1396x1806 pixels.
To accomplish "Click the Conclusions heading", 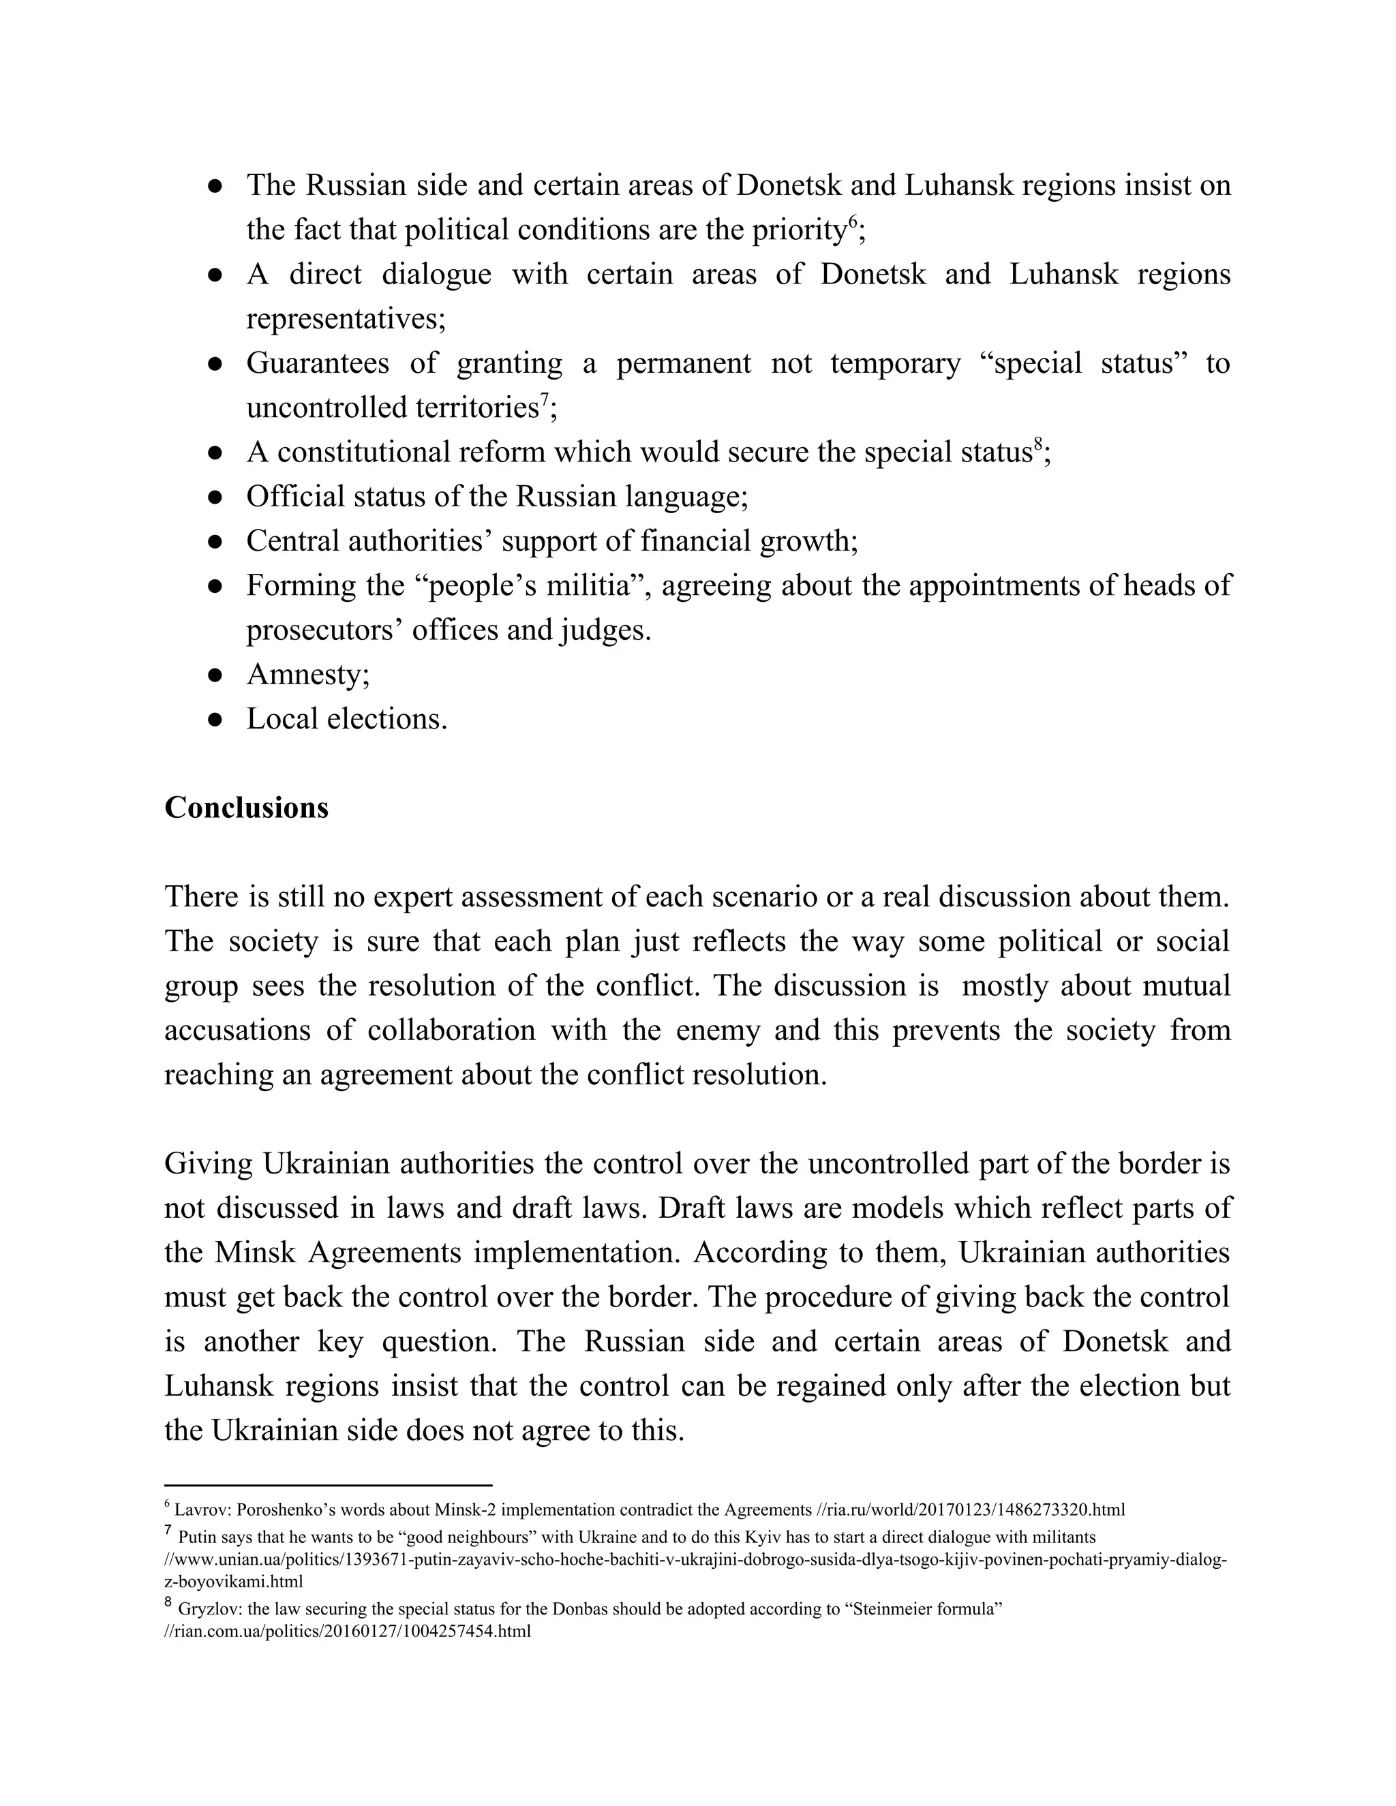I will coord(247,808).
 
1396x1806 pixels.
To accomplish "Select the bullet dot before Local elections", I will coord(215,720).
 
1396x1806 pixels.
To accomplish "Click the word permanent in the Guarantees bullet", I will coord(683,363).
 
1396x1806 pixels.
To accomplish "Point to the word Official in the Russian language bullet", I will coord(295,496).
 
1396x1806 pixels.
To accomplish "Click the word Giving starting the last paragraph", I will coord(209,1163).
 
